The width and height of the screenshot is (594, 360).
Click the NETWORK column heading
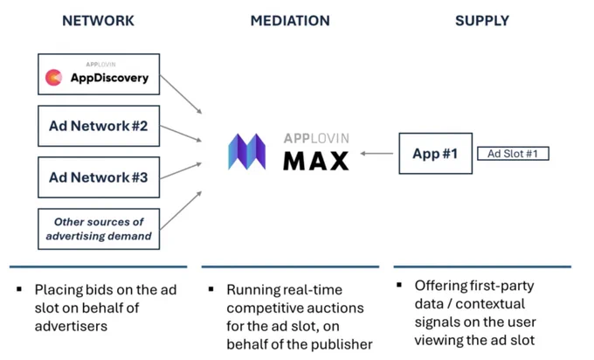tap(98, 20)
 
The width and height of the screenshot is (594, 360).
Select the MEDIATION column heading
tap(290, 20)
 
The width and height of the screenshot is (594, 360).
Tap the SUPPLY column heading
tap(482, 20)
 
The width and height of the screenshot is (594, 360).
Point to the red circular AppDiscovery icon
tap(54, 77)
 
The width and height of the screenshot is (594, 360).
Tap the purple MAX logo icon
tap(247, 151)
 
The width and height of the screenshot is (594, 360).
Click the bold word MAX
tap(316, 161)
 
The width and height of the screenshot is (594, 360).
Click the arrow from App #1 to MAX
tap(376, 154)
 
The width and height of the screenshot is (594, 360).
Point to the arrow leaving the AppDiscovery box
tap(181, 94)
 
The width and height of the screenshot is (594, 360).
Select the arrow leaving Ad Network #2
tap(181, 134)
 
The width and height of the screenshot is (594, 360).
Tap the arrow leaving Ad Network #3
tap(181, 170)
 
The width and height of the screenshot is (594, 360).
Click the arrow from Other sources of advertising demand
tap(181, 211)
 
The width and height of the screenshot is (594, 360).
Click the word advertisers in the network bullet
tap(72, 326)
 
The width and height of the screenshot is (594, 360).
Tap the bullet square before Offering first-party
tap(399, 285)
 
